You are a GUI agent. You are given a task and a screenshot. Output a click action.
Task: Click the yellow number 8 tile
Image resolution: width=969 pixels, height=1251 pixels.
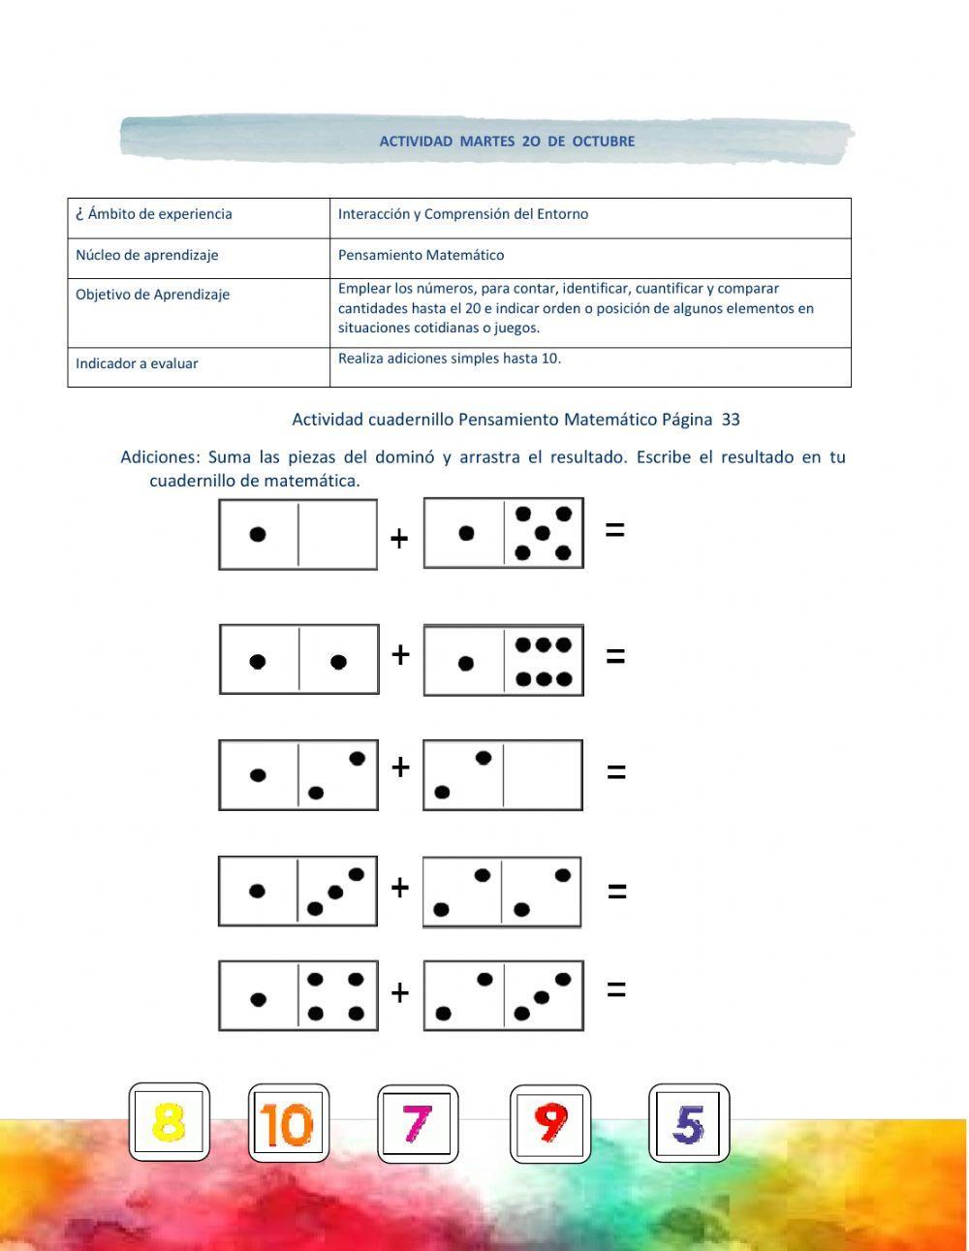coord(169,1123)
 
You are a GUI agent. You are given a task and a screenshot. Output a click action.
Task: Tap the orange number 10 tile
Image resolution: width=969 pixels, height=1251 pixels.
coord(288,1125)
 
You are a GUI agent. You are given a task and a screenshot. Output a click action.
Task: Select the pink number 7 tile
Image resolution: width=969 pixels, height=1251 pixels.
coord(417,1124)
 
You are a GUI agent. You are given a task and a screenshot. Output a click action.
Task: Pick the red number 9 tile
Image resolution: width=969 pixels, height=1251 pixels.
coord(549,1124)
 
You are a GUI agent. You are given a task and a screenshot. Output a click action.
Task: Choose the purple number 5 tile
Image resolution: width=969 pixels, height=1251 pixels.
coord(688,1124)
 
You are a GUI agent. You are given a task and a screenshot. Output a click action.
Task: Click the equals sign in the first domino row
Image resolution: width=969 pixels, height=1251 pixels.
coord(614,530)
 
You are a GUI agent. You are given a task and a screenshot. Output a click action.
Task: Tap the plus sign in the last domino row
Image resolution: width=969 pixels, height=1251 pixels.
coord(399,993)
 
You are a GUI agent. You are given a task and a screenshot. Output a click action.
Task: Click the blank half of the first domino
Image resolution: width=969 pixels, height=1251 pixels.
coord(336,534)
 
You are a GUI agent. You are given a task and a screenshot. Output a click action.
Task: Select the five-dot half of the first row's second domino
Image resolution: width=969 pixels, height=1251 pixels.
coord(543,533)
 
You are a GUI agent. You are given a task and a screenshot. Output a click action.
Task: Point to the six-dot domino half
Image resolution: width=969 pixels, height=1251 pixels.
coord(543,662)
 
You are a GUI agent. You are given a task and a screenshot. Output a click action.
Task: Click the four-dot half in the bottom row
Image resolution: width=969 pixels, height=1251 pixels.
coord(336,997)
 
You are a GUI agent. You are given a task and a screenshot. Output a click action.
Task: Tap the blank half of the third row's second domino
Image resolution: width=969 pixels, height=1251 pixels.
coord(542,775)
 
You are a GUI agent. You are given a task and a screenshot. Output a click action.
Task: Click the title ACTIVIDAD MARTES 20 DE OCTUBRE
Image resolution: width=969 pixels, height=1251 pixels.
coord(507,141)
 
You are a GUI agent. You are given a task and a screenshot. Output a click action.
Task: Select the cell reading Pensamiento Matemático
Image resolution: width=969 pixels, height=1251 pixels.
coord(421,256)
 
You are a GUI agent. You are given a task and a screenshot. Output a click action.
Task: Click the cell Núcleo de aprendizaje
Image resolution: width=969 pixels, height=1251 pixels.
coord(147,256)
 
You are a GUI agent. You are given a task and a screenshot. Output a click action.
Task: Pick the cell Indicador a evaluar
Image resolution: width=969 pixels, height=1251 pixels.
coord(137,364)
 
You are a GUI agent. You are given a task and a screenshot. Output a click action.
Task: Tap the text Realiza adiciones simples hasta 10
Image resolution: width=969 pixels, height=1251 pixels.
coord(450,359)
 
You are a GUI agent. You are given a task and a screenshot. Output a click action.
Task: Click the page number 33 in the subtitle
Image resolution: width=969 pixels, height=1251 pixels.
coord(731,420)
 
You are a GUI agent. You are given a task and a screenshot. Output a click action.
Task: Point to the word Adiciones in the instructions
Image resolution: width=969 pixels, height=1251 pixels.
coord(160,457)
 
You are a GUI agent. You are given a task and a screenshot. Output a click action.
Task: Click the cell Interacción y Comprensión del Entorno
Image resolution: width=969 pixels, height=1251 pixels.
coord(463,214)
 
